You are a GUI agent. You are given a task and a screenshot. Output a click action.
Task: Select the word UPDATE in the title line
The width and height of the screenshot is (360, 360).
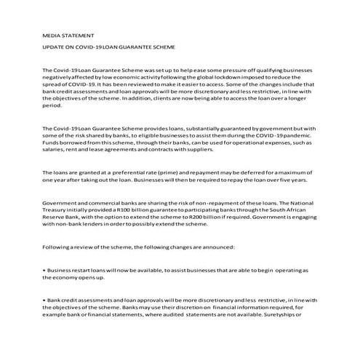pyautogui.click(x=55, y=47)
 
